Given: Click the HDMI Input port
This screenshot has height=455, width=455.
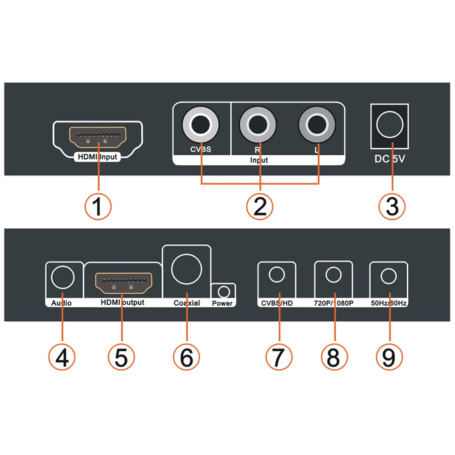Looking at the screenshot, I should coord(98,137).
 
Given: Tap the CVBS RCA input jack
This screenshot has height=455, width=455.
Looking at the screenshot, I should coord(201,124).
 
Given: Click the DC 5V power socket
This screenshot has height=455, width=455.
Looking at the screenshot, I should coord(390,124).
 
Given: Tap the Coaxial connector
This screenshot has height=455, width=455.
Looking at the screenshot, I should coord(187,268).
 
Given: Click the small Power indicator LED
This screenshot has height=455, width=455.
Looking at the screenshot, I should coord(223,292).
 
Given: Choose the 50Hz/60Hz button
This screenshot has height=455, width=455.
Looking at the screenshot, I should coord(389,276).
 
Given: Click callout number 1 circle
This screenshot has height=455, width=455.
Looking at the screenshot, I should coord(98,206).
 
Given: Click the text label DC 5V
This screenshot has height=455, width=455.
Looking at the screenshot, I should coord(390,161).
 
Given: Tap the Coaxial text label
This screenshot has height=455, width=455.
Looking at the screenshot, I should coord(187,303).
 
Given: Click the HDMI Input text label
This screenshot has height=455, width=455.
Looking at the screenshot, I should coord(98,158).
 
